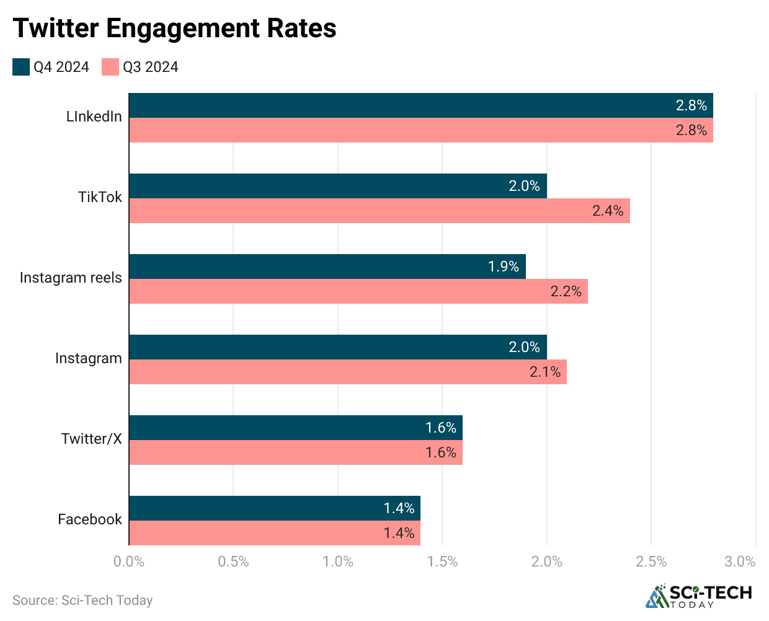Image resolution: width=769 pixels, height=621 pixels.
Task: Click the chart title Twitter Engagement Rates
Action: click(x=174, y=28)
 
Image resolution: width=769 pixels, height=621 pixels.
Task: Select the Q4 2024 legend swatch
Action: click(x=21, y=67)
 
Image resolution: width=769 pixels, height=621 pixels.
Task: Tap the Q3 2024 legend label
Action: click(x=150, y=67)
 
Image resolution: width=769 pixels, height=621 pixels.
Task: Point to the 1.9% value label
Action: click(x=503, y=266)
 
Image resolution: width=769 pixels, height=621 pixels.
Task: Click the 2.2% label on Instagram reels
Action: click(x=566, y=291)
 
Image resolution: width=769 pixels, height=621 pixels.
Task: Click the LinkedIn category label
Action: click(x=94, y=117)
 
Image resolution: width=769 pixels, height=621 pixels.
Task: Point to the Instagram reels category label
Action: click(x=71, y=278)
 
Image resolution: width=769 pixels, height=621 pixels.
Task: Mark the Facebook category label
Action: click(x=90, y=519)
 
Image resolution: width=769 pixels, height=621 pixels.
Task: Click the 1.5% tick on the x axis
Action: click(x=442, y=562)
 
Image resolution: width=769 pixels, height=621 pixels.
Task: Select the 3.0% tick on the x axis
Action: click(x=740, y=562)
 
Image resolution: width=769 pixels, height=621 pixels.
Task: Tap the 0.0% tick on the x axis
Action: click(x=129, y=562)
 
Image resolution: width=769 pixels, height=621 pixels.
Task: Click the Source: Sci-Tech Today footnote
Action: click(x=82, y=600)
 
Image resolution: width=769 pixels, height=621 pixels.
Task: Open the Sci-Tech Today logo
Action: click(x=699, y=596)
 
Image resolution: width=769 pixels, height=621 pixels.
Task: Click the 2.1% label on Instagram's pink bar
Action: click(x=545, y=372)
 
